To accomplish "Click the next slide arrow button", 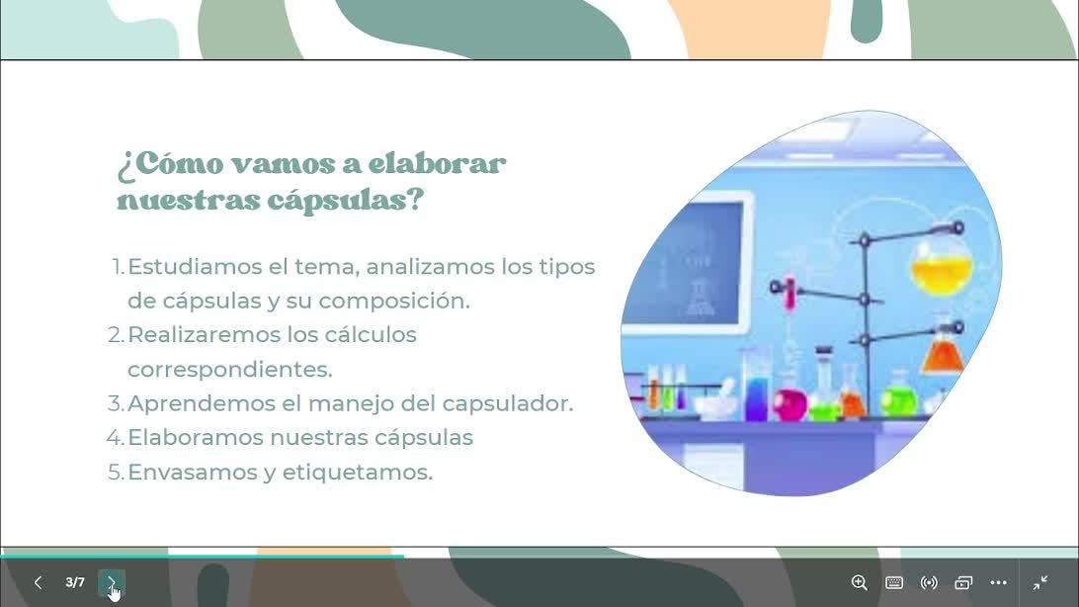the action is pos(112,583).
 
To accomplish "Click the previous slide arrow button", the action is pos(38,583).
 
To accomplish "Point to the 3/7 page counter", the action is pos(75,583).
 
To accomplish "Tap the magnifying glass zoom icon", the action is pos(859,583).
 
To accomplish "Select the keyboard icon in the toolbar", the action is pos(894,583).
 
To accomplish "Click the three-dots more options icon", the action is pos(999,583).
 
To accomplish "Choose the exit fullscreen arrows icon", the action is pos(1040,583).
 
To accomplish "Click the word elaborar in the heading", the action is pos(437,164).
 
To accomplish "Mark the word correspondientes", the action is pos(230,370).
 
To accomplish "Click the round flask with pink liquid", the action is pos(790,404).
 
